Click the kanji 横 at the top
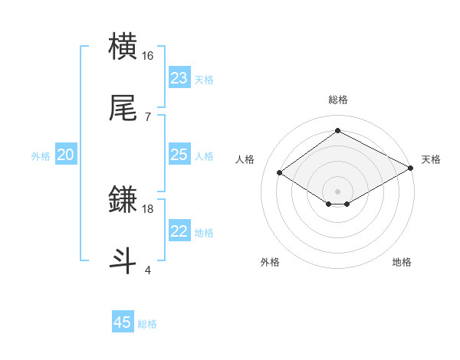(x=123, y=47)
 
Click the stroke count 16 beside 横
(x=148, y=56)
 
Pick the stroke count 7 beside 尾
(x=148, y=116)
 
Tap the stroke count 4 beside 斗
(x=148, y=270)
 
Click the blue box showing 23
(x=179, y=78)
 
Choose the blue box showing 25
(x=179, y=155)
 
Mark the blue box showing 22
(x=179, y=231)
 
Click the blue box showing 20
(x=66, y=155)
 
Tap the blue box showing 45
(x=123, y=322)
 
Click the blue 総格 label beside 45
(x=147, y=324)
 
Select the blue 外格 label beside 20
(x=41, y=155)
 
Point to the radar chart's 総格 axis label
(x=338, y=100)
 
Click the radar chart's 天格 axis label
(x=431, y=159)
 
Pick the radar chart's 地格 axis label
(x=402, y=262)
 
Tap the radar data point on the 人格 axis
(x=280, y=173)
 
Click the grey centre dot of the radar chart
(x=338, y=191)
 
